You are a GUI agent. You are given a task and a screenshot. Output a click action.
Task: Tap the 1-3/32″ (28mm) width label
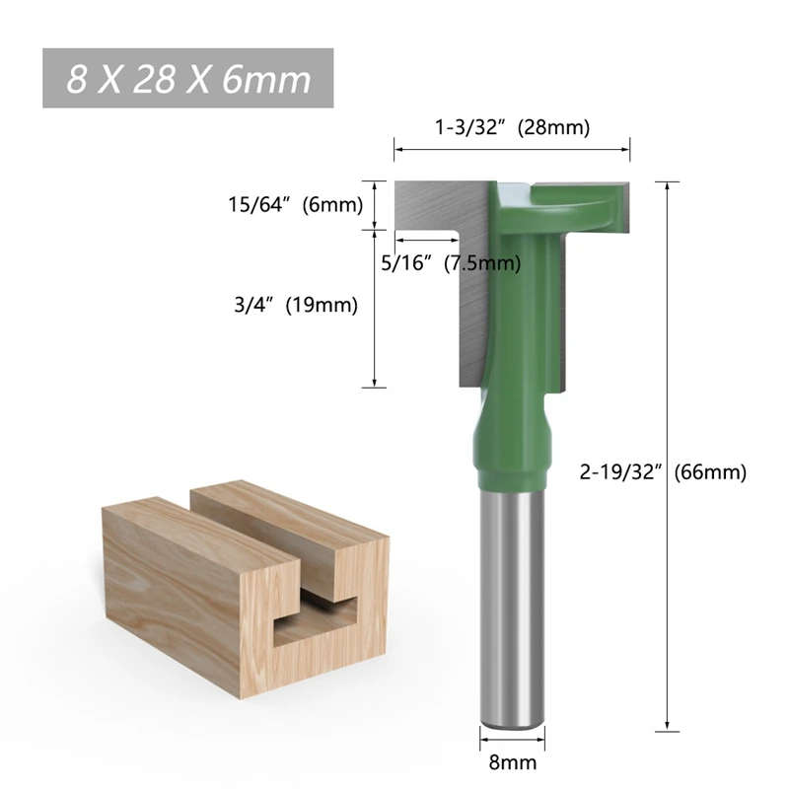pos(512,127)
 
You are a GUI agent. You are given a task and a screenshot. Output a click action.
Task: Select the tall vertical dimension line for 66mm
pos(670,454)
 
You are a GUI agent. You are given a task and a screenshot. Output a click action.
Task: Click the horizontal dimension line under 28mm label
pos(512,151)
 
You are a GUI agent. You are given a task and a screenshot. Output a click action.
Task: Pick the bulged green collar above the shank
pos(511,449)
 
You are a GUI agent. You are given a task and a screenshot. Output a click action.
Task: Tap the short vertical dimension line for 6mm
pos(374,205)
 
